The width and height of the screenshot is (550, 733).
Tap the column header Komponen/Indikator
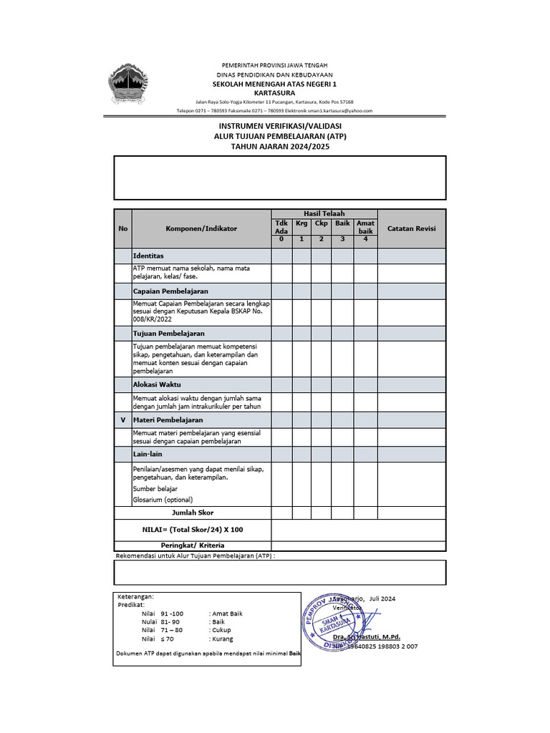coord(201,228)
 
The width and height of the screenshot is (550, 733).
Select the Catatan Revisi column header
coord(411,228)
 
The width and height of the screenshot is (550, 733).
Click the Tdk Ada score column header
coord(281,227)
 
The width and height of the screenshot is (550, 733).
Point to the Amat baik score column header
coord(365,227)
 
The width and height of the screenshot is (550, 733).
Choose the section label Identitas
coord(148,256)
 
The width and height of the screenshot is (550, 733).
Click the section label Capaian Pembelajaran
coord(170,291)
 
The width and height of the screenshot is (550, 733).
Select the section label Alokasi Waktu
coord(157,384)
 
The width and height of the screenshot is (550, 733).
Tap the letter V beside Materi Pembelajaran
coord(122,420)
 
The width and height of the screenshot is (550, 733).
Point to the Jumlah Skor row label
coord(193,513)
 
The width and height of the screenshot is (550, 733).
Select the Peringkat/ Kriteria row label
coord(193,545)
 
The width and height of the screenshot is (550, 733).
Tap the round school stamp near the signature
coord(333,620)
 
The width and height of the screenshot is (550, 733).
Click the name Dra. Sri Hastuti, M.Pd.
coord(367,636)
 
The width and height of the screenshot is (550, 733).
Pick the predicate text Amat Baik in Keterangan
coord(226,613)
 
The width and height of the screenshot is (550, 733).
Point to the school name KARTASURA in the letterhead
coord(274,93)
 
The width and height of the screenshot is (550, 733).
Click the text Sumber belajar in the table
coord(155,488)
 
